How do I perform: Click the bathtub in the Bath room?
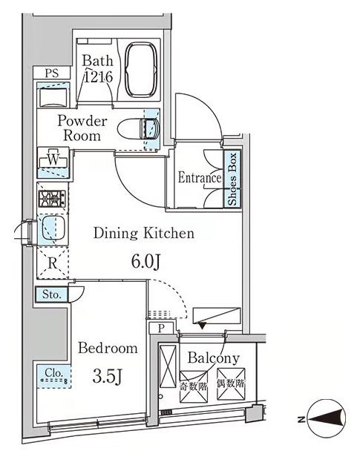[142, 70]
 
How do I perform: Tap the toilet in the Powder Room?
[139, 128]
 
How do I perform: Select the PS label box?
[52, 73]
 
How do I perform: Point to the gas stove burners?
[52, 199]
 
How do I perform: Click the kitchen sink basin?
[53, 228]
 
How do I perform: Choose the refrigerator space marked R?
[53, 263]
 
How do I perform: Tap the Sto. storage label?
[52, 294]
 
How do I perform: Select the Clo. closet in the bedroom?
[53, 377]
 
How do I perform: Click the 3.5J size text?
[108, 377]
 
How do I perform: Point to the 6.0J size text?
[145, 262]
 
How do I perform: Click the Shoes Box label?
[232, 178]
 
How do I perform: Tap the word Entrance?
[200, 177]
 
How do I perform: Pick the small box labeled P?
[161, 328]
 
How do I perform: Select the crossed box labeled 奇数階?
[194, 386]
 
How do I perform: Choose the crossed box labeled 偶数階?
[231, 384]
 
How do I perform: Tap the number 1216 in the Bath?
[98, 77]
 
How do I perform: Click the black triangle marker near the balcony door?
[202, 326]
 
